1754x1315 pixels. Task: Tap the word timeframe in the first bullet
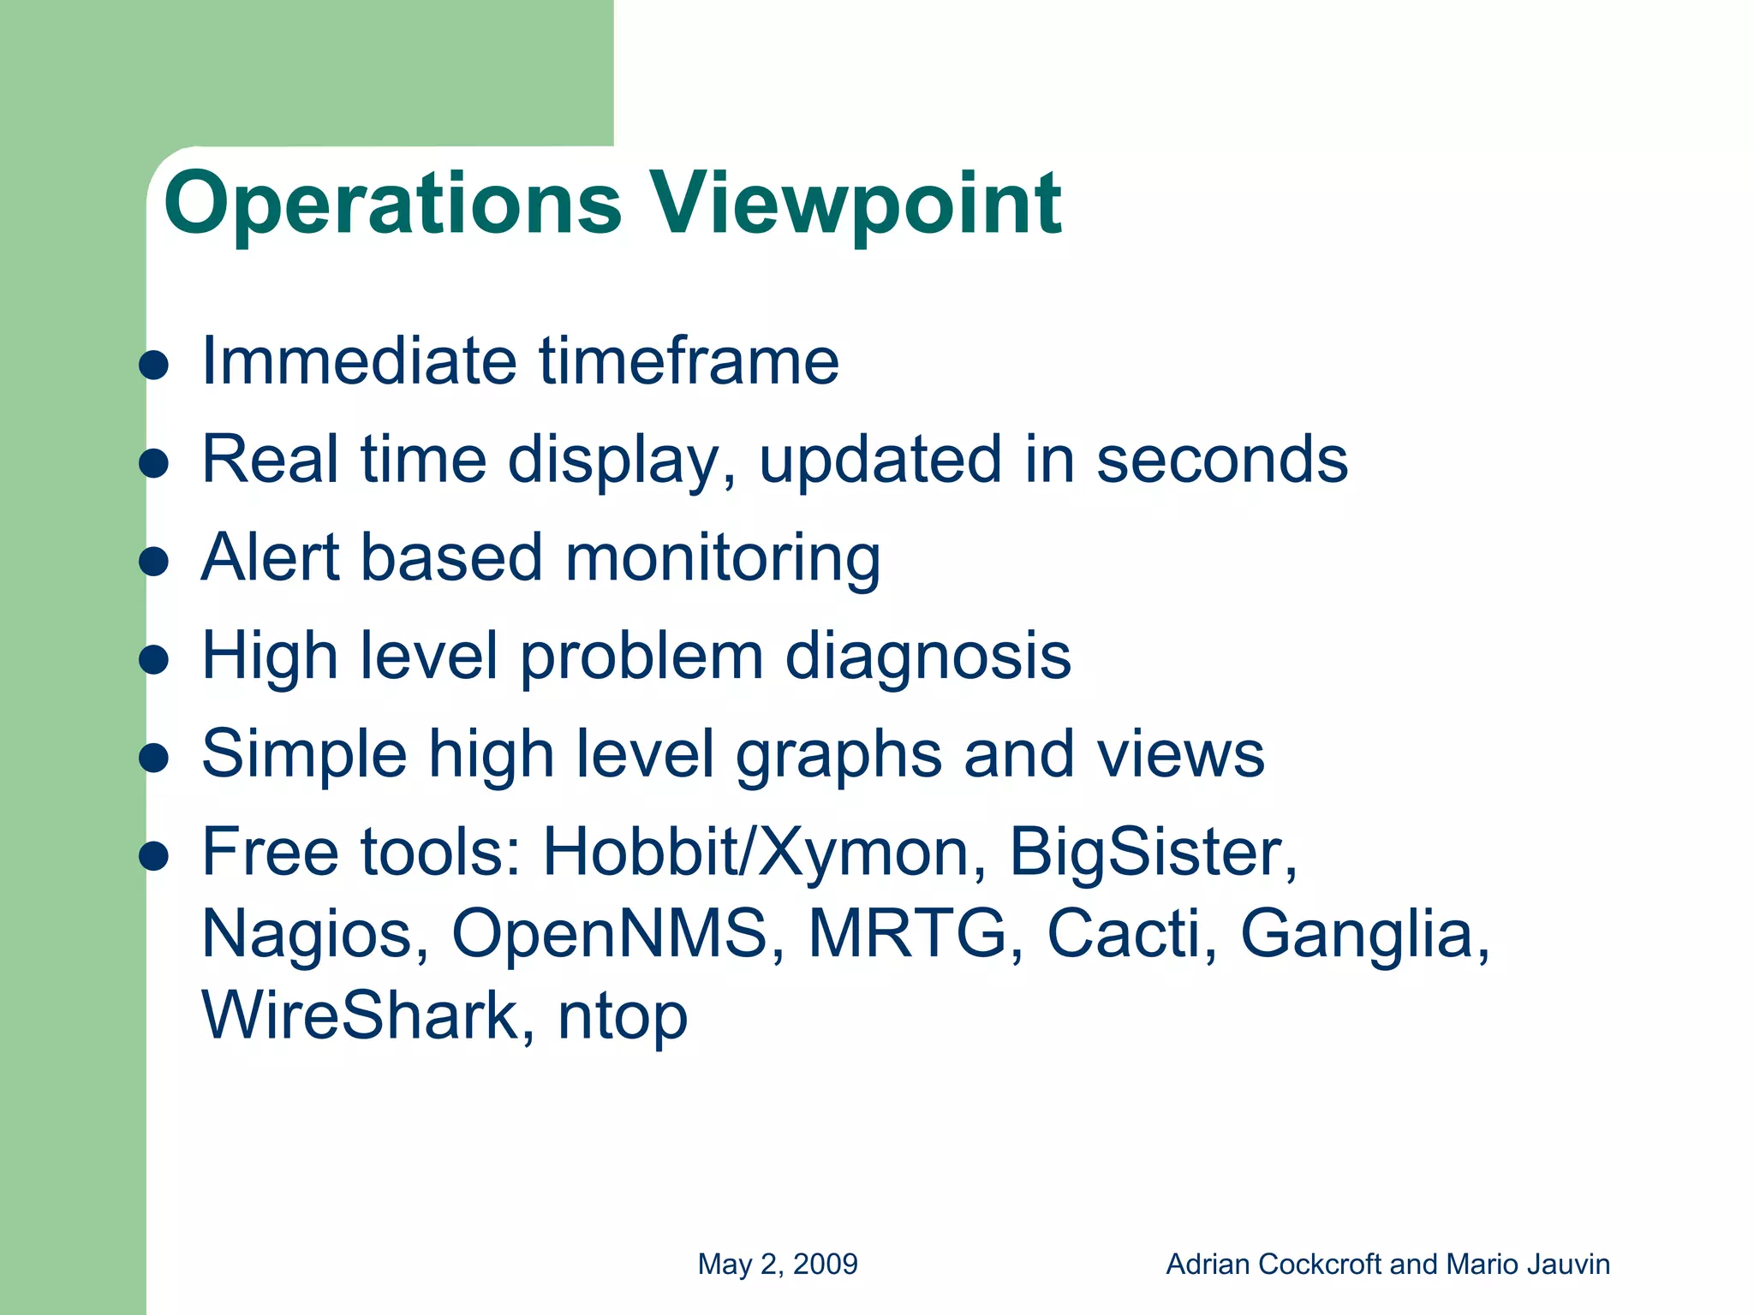point(689,361)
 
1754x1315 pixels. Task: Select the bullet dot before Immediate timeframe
point(154,366)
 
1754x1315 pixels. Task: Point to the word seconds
point(1222,460)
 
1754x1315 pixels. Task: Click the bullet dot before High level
point(154,660)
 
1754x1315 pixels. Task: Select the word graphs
point(838,756)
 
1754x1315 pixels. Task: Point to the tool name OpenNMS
point(617,934)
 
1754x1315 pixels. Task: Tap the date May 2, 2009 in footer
point(778,1264)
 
